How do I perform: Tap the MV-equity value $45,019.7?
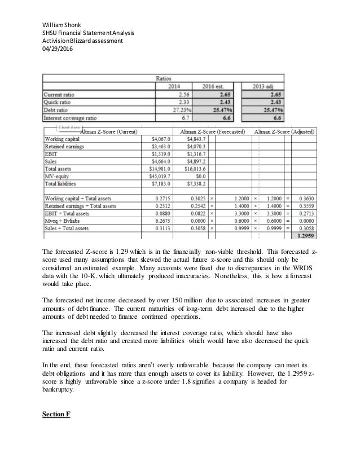coord(160,176)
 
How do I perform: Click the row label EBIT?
coord(51,153)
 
